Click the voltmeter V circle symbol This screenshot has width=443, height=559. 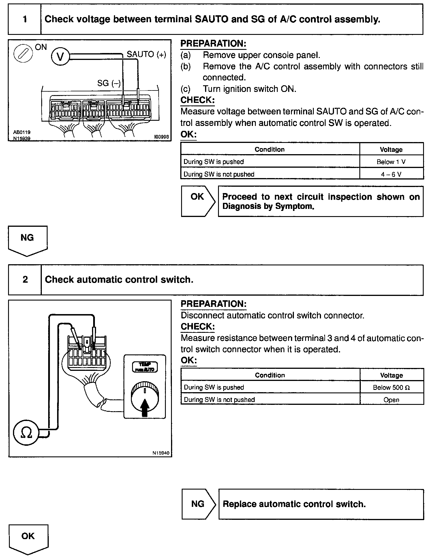[60, 56]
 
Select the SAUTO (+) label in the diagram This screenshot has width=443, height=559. [146, 54]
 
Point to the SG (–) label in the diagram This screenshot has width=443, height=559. [109, 83]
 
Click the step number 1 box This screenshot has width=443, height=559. [25, 19]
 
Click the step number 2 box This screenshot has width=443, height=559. [25, 279]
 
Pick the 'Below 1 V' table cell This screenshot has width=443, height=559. [391, 162]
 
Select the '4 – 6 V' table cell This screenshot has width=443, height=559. [391, 174]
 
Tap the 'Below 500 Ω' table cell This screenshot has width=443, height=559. [391, 388]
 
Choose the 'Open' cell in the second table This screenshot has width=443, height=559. [391, 400]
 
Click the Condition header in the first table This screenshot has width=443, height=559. [270, 149]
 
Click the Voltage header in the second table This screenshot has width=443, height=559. [391, 375]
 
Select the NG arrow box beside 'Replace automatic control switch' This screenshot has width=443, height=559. [198, 504]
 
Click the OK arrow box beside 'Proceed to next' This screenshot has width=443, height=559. [198, 201]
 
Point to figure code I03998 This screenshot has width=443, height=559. [162, 137]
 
